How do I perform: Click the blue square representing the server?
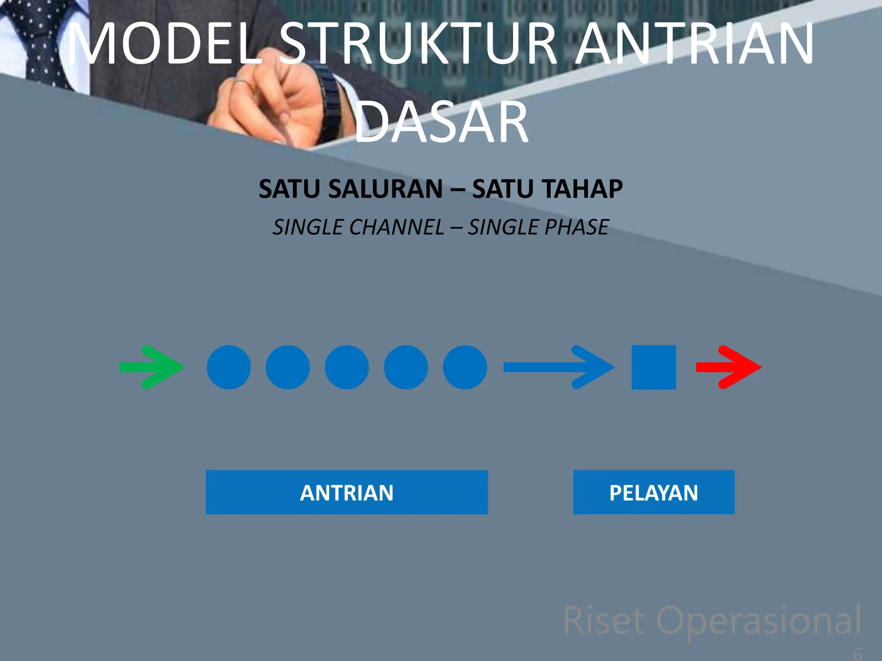click(x=653, y=367)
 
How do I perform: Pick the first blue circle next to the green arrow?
click(x=229, y=367)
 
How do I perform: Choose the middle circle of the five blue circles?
click(x=347, y=367)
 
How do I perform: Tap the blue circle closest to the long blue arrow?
click(x=465, y=367)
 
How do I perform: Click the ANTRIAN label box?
click(x=347, y=492)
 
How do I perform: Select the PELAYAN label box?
click(x=653, y=492)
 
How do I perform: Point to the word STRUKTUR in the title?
click(x=420, y=44)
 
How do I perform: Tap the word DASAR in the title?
click(x=441, y=123)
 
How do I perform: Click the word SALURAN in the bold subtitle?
click(x=385, y=189)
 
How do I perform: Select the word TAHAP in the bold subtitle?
click(x=581, y=189)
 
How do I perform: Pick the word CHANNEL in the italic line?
click(x=396, y=227)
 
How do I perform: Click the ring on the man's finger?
click(x=241, y=83)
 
